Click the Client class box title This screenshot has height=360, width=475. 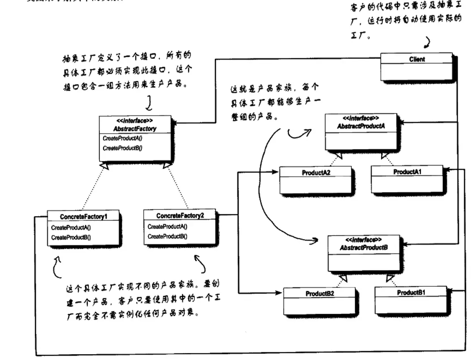click(416, 59)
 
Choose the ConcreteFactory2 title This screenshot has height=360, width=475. click(180, 216)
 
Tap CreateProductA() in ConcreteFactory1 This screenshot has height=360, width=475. click(71, 228)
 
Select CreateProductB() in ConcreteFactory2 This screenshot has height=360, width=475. click(167, 236)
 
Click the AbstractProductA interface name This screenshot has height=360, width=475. click(361, 126)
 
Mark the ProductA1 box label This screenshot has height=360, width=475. click(407, 172)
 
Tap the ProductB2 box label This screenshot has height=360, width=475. click(320, 294)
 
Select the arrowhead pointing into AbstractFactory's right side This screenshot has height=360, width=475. click(174, 121)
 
